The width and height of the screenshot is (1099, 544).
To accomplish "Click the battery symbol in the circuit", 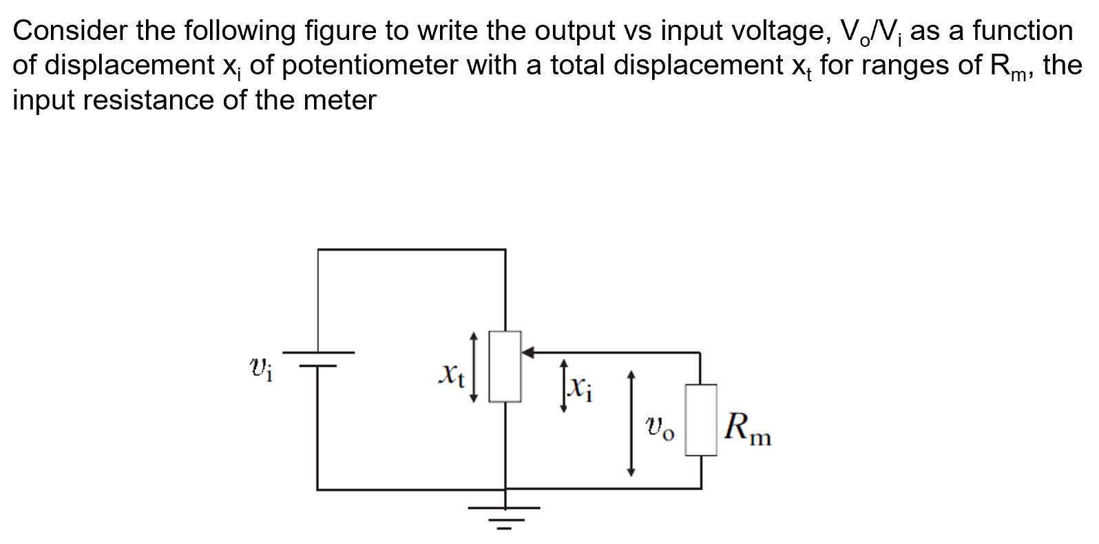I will [x=317, y=359].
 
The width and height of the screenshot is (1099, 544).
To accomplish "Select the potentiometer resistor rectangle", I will [x=505, y=366].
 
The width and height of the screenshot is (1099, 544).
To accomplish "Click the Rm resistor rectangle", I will [x=700, y=420].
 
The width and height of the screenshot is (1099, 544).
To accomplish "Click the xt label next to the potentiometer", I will [x=452, y=375].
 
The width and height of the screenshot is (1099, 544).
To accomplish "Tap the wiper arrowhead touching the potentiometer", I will [x=528, y=353].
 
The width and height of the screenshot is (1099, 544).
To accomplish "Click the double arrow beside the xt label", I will [x=473, y=366].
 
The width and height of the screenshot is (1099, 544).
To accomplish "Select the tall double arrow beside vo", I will [x=630, y=423].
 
